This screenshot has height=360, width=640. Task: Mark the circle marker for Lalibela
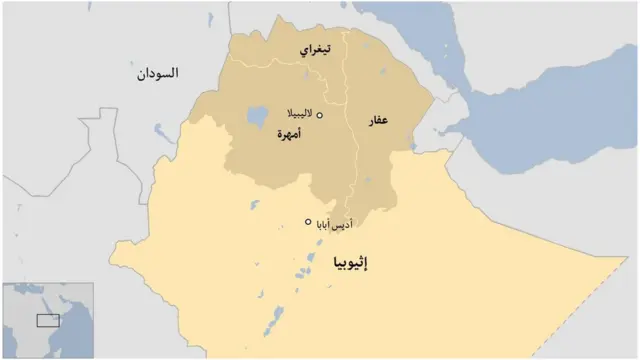coord(320,116)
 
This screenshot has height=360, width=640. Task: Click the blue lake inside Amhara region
coord(254,116)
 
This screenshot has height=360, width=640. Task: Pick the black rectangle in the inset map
coord(48,320)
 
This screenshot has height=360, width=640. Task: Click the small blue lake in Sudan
coord(160,131)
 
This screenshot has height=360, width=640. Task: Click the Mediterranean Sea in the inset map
coord(28,289)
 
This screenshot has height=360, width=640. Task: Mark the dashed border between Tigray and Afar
coord(347,80)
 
